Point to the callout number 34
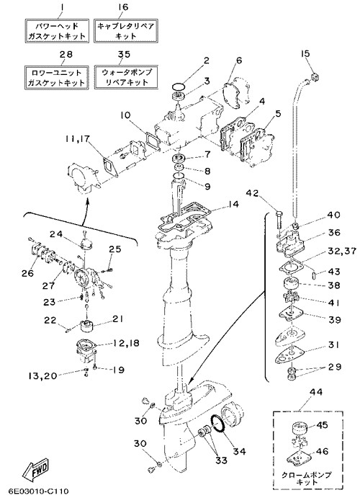pyautogui.click(x=239, y=451)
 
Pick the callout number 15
pyautogui.click(x=305, y=53)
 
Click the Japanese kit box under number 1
pyautogui.click(x=57, y=31)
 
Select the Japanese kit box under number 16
pyautogui.click(x=126, y=31)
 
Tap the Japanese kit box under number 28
pyautogui.click(x=57, y=78)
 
